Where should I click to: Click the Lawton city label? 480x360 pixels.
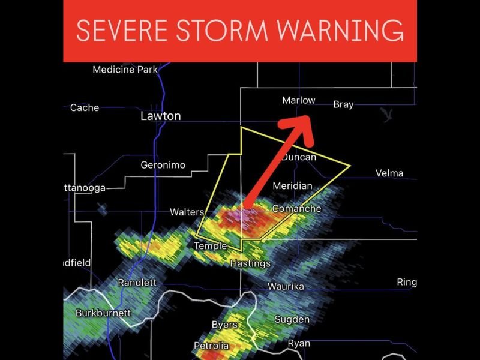(160, 116)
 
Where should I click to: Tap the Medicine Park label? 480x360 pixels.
(125, 70)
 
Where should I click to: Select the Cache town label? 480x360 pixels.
(85, 108)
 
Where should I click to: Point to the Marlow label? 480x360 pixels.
(298, 100)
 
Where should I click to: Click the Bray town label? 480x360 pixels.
(343, 104)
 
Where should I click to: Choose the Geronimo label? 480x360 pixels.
(163, 165)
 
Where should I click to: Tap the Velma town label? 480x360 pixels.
(389, 173)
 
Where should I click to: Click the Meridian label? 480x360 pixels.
(292, 186)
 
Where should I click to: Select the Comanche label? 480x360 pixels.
(296, 209)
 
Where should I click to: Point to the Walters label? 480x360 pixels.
(187, 212)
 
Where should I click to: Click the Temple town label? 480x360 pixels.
(210, 246)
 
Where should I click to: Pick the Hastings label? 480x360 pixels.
(250, 263)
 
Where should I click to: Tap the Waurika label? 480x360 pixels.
(286, 286)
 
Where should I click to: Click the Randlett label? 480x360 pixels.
(137, 283)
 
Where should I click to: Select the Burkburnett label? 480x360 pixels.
(102, 313)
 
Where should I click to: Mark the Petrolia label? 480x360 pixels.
(211, 346)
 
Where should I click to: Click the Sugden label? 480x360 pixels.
(292, 319)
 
